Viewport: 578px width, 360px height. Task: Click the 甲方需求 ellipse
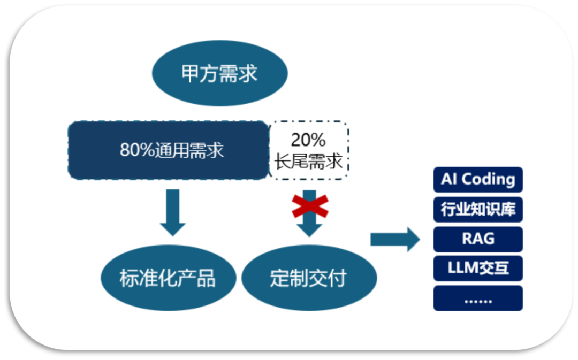(x=220, y=73)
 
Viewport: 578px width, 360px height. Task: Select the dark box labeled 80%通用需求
(x=168, y=150)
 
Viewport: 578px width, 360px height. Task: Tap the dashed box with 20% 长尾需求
(x=309, y=150)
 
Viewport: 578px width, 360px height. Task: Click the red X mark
(x=310, y=206)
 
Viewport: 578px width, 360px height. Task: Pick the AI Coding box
(x=478, y=180)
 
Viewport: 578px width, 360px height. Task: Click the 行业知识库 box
(x=478, y=209)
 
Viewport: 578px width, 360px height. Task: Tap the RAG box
(x=478, y=239)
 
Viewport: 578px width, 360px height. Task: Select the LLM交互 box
(x=478, y=268)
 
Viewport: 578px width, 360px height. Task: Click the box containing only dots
(x=478, y=298)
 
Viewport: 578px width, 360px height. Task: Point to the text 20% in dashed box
(x=308, y=140)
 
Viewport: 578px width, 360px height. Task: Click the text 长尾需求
(x=309, y=161)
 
